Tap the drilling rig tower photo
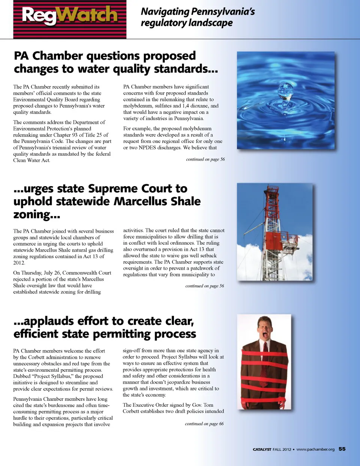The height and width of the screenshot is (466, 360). [274, 232]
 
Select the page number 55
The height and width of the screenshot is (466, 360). [342, 449]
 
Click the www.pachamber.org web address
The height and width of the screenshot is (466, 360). [315, 449]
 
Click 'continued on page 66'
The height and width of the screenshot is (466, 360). [204, 424]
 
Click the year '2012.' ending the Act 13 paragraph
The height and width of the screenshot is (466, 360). [19, 263]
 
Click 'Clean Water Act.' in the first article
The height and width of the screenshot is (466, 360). [31, 160]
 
